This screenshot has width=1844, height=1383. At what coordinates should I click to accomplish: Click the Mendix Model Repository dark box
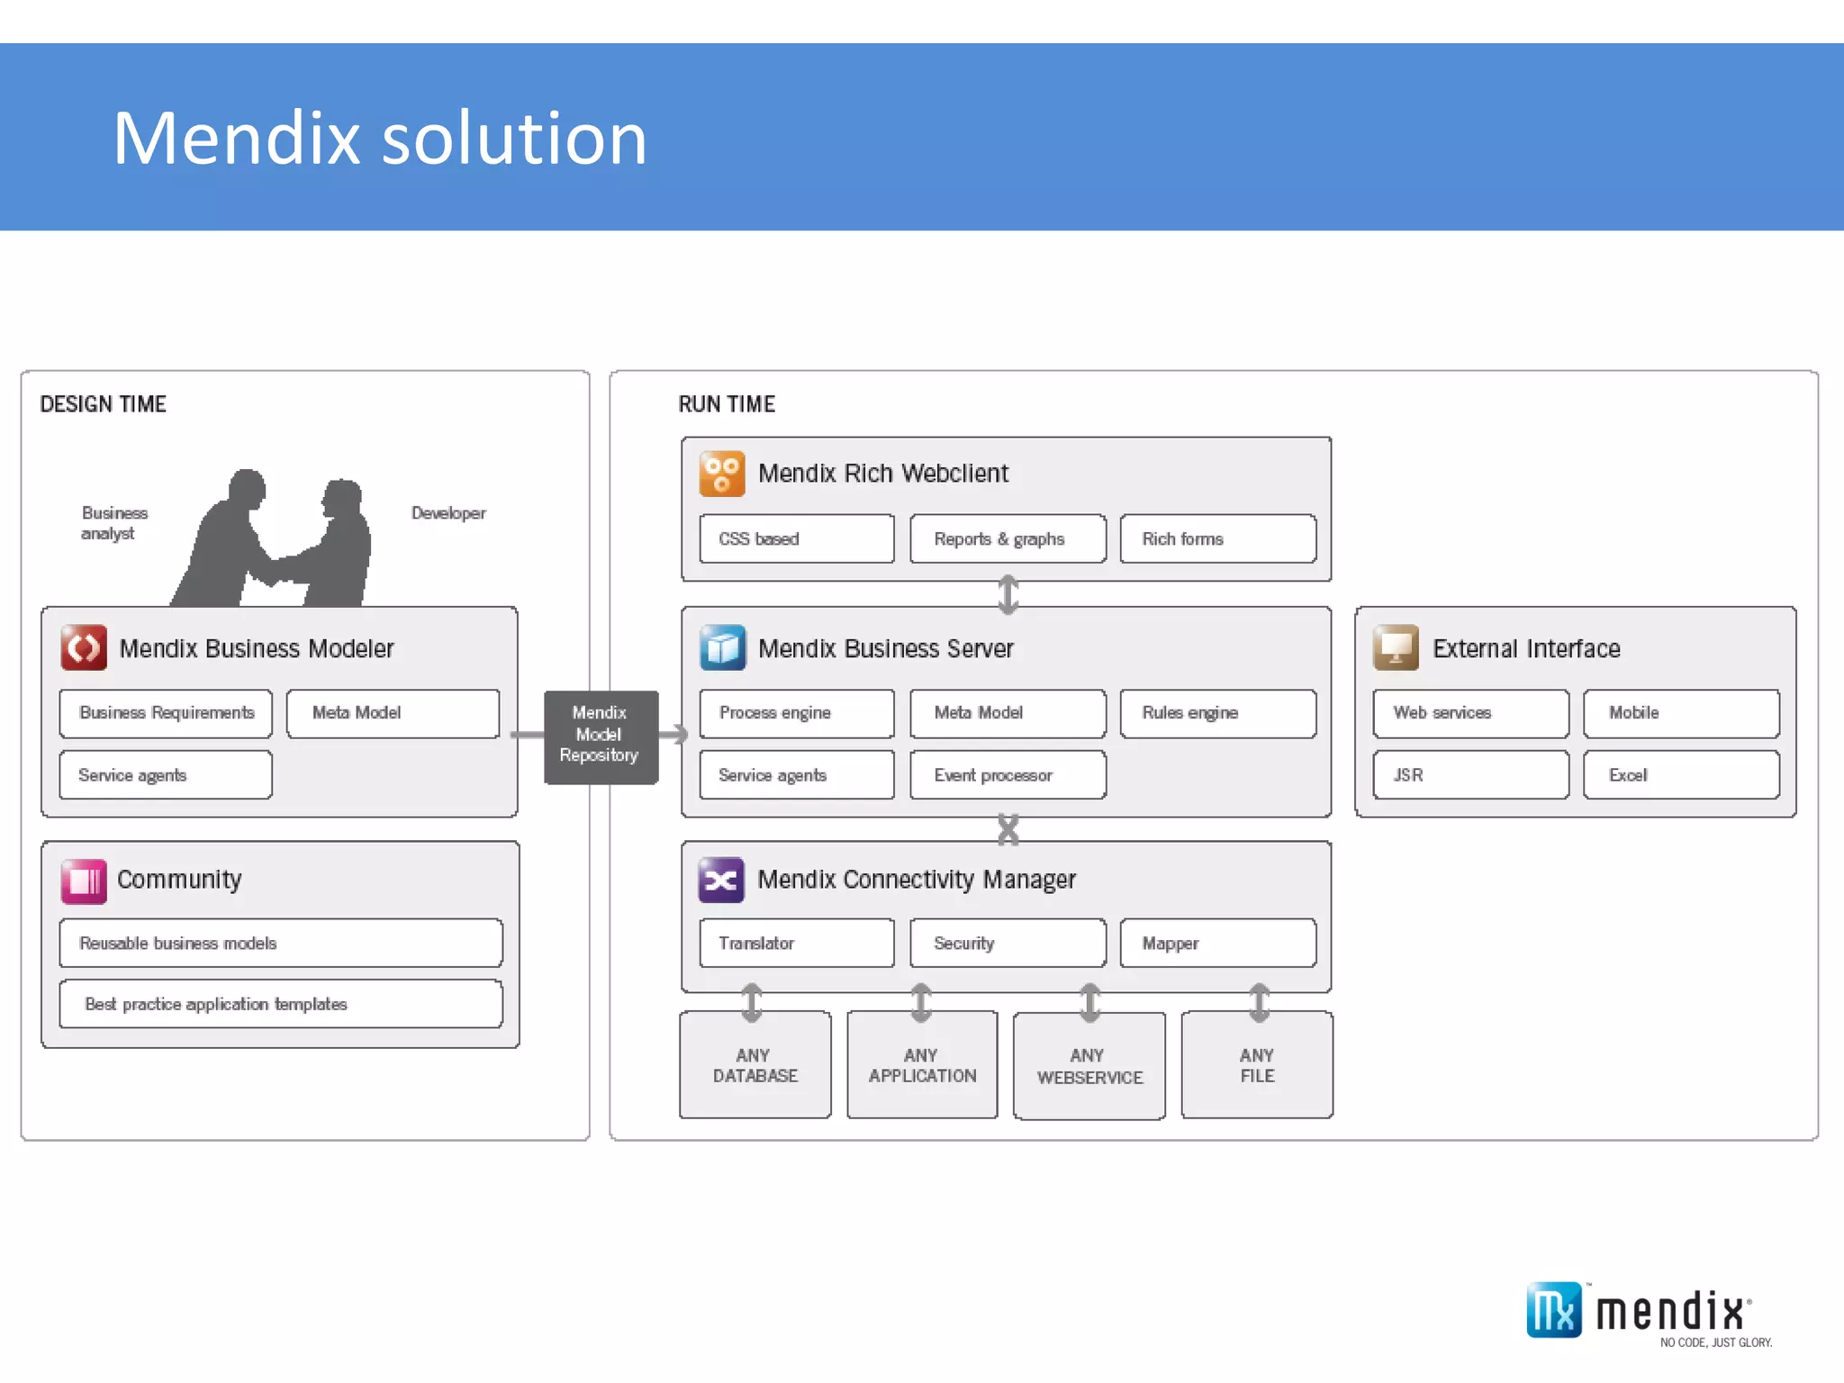pos(601,736)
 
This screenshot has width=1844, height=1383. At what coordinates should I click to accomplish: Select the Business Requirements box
pos(166,713)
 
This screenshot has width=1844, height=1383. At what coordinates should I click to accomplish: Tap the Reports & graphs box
pos(1007,538)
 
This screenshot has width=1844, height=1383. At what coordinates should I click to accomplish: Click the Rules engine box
pos(1217,713)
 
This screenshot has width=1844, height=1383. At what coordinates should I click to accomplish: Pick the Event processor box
pos(1007,774)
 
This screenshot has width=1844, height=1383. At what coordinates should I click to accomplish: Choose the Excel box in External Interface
pos(1680,774)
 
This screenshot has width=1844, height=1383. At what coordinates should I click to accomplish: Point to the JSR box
pos(1469,774)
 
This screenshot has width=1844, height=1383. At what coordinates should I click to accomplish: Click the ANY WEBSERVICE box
pos(1089,1066)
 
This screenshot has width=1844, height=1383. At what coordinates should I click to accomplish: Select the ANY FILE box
pos(1256,1065)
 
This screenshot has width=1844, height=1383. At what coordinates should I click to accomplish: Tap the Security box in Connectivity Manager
pos(1007,943)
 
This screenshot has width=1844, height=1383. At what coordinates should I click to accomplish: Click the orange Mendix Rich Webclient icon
pos(721,474)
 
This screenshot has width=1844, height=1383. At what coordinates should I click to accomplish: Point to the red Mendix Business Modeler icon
pos(84,647)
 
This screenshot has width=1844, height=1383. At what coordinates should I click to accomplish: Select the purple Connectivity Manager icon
pos(721,880)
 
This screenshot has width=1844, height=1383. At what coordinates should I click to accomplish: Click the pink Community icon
pos(84,880)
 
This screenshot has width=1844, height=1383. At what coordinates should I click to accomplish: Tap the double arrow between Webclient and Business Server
pos(1008,594)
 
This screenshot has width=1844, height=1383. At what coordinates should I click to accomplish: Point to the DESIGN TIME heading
pos(104,404)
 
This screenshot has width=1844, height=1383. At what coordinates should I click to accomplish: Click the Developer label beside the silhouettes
pos(448,513)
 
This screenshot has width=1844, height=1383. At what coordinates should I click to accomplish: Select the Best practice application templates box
pos(280,1004)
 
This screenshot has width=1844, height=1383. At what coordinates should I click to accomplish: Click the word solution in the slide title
pos(514,139)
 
